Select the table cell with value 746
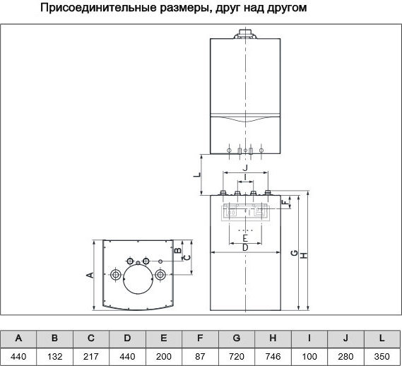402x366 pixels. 273,357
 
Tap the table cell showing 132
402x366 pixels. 54,357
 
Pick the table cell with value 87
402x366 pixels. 200,357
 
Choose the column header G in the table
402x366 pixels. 237,338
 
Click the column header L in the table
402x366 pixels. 382,338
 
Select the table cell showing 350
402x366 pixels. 382,357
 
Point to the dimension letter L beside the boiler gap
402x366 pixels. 196,175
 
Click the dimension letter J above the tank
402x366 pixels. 245,168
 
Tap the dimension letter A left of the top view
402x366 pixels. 90,275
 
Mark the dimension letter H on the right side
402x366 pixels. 304,256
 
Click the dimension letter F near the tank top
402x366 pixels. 285,203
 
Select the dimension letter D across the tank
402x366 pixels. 245,248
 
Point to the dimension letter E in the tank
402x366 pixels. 245,238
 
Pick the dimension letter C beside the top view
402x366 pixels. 187,257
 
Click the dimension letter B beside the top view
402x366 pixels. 178,250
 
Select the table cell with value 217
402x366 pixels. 91,357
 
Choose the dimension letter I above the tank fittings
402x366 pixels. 245,177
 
